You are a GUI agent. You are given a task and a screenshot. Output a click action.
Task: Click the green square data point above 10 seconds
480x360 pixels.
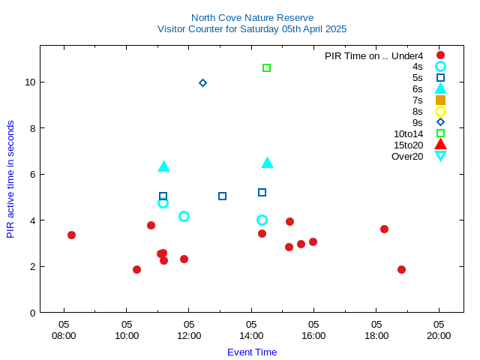point(266,68)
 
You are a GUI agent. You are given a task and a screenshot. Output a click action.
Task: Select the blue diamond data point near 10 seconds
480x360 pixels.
point(202,82)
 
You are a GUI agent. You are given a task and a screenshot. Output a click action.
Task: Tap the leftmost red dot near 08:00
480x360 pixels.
point(71,235)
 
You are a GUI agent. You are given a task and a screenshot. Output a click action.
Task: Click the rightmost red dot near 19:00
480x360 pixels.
point(401,269)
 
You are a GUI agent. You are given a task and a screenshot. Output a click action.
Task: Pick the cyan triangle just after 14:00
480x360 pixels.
point(267,163)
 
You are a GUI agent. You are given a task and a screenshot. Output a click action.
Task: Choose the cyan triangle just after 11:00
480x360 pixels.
point(163,166)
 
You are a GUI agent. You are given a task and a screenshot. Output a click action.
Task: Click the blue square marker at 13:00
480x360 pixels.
point(222,196)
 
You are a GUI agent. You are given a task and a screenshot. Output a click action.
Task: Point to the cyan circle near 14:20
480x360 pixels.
point(262,220)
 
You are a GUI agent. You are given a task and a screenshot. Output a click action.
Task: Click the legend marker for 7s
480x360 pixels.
point(440,100)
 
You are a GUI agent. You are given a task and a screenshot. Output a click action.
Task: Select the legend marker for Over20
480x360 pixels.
point(440,156)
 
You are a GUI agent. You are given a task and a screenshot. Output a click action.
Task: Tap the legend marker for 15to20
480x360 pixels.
point(440,145)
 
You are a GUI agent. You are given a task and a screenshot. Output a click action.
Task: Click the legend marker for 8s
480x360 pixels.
point(440,111)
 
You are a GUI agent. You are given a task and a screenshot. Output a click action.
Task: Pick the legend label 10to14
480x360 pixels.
point(408,133)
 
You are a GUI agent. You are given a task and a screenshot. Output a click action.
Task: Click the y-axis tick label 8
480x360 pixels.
point(31,128)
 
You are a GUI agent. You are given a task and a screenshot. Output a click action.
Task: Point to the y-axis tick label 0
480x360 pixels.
point(31,313)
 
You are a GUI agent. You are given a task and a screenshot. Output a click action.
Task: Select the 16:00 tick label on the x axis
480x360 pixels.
point(313,331)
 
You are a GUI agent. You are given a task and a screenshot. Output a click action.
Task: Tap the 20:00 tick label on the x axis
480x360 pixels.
point(439,331)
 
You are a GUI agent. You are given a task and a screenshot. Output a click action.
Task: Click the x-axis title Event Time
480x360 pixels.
point(252,352)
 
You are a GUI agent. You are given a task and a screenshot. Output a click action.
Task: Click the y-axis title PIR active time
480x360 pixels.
point(10,179)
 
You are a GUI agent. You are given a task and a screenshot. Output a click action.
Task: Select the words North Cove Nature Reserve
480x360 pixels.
point(252,17)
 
